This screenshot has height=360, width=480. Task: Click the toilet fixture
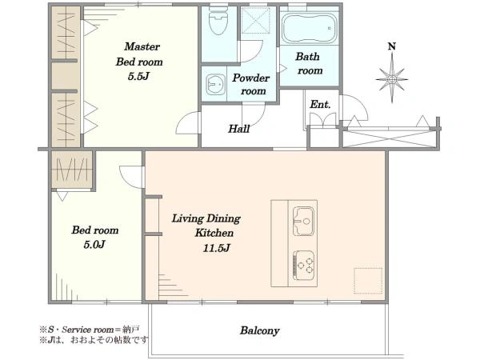point(219,21)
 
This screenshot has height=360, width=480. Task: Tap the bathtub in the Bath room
point(309,29)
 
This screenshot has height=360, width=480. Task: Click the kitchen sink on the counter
point(304,221)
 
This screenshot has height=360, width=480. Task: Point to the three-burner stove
point(304,265)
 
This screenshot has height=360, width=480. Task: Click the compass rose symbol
point(392,78)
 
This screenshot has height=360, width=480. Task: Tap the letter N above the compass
point(392,46)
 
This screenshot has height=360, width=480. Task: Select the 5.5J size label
point(138,76)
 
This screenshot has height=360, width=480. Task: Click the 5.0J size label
point(94,244)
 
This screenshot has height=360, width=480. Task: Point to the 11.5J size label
point(216,248)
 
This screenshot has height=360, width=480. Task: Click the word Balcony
point(259,330)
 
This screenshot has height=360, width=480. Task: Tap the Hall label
point(239,129)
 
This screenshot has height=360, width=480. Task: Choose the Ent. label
point(320,104)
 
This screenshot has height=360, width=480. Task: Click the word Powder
point(250,78)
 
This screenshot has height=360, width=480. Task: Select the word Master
point(142,46)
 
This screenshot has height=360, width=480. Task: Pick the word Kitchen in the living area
point(214,233)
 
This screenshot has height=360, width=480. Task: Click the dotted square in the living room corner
point(368,281)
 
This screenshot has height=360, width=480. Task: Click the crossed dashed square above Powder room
point(255,19)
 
